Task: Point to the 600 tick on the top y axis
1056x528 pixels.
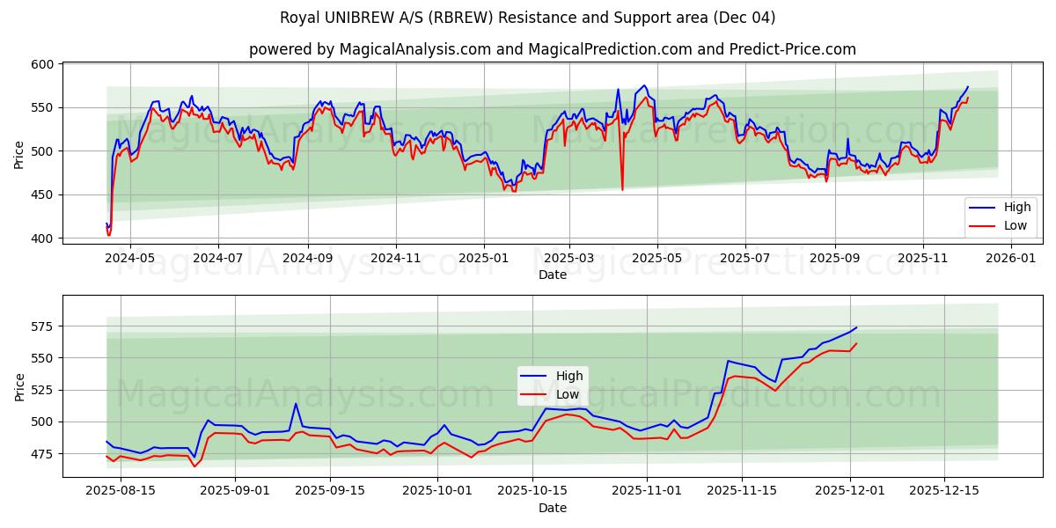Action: [x=44, y=64]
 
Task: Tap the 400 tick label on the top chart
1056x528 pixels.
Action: [x=44, y=238]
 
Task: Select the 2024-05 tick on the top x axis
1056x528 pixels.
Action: [x=129, y=259]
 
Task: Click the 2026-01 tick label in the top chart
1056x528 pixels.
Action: [x=1011, y=259]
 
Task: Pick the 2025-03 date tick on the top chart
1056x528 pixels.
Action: [x=569, y=259]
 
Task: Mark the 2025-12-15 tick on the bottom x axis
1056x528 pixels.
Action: [x=944, y=491]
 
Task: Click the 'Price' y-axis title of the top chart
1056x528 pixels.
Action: [x=19, y=154]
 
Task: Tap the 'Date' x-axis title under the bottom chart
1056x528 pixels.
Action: [x=552, y=508]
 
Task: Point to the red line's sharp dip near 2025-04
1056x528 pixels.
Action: [x=622, y=189]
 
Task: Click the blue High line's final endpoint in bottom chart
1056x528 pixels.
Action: [x=856, y=327]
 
